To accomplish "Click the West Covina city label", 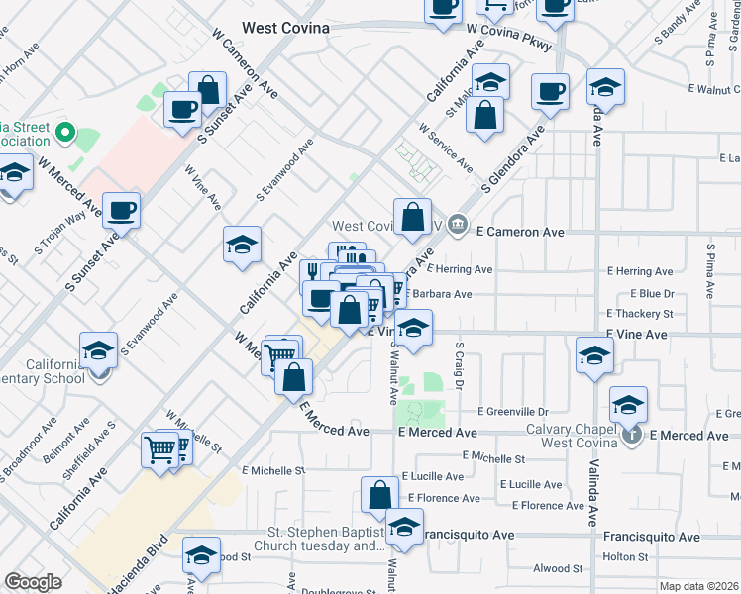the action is (286, 28).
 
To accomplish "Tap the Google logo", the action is (33, 582).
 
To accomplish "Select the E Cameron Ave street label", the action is (520, 232).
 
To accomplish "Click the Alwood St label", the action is (558, 568).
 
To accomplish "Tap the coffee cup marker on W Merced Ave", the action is (122, 210).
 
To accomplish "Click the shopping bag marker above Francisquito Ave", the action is (379, 493).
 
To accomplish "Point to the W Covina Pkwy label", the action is (508, 32).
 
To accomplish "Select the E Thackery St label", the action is (641, 314).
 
